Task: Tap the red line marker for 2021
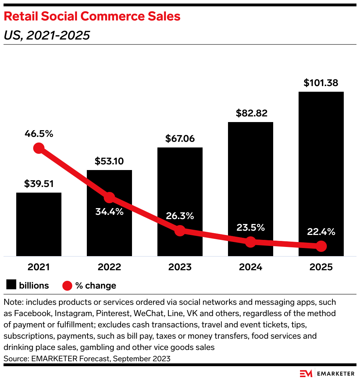[39, 148]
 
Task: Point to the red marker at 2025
[321, 246]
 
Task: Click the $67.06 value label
[180, 139]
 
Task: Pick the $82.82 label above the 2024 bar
[250, 113]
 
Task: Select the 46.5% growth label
[39, 134]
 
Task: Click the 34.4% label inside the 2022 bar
[109, 212]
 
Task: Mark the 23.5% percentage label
[250, 228]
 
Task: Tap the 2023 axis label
[180, 267]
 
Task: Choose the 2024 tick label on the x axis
[250, 267]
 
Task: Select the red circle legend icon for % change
[67, 285]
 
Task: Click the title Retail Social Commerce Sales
[92, 17]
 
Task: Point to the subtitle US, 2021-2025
[47, 35]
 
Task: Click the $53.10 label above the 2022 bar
[109, 161]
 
